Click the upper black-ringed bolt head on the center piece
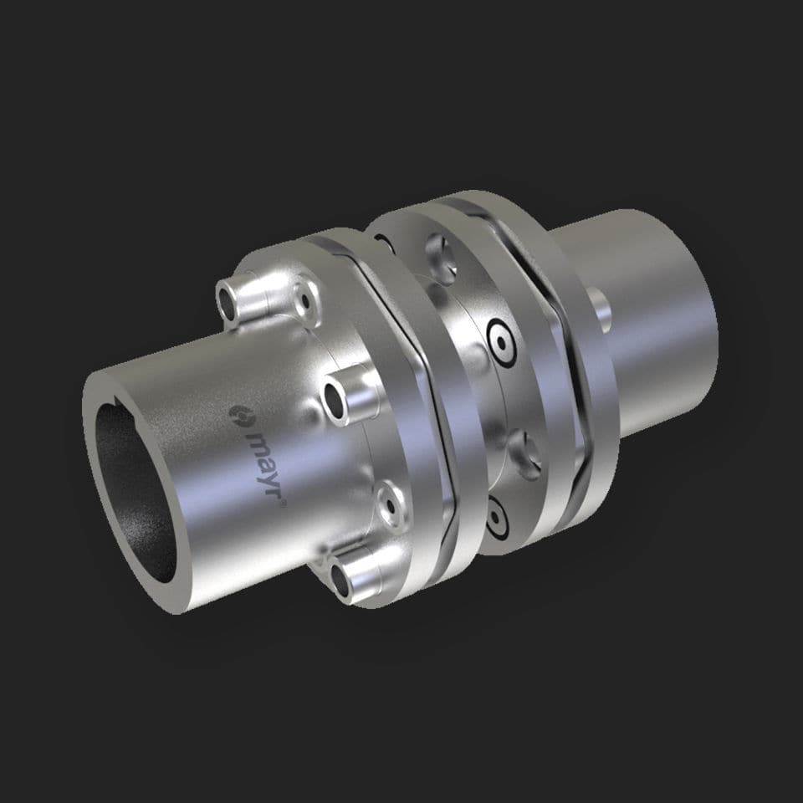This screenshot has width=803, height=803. click(x=503, y=342)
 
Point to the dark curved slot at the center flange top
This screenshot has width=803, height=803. click(x=385, y=243)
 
